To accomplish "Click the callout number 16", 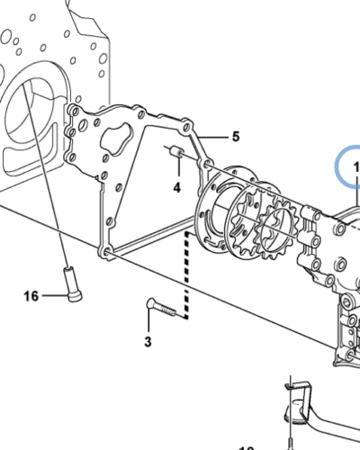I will tap(31, 295).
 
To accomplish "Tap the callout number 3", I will tap(148, 342).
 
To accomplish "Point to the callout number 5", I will tap(235, 137).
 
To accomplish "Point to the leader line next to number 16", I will tap(49, 294).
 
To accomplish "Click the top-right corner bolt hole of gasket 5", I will tap(185, 122).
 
